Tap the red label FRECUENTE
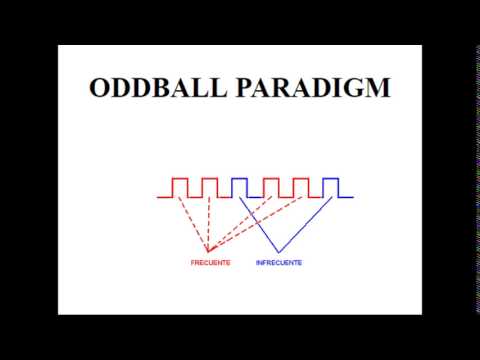pyautogui.click(x=211, y=263)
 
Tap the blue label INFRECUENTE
pyautogui.click(x=279, y=263)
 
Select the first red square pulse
pyautogui.click(x=180, y=187)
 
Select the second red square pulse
pyautogui.click(x=209, y=187)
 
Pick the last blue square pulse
pyautogui.click(x=330, y=187)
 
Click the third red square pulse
pyautogui.click(x=269, y=187)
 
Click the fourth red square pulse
pyautogui.click(x=299, y=187)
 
